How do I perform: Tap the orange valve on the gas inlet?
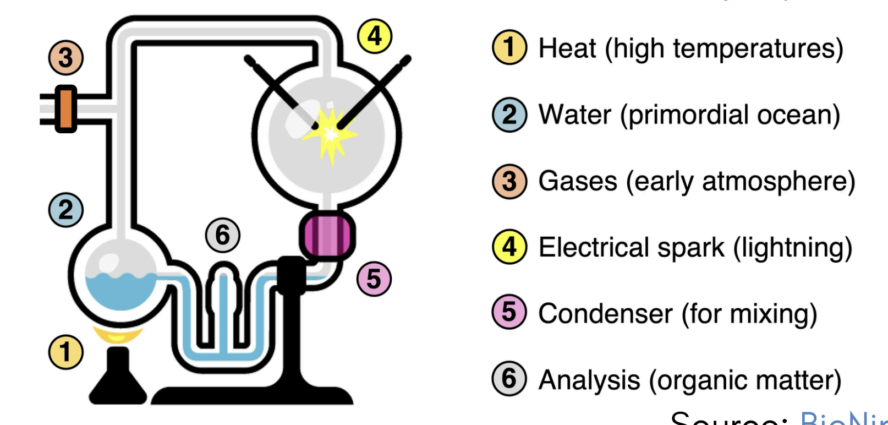pyautogui.click(x=65, y=109)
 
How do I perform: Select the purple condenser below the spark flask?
pyautogui.click(x=327, y=236)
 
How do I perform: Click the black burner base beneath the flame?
pyautogui.click(x=118, y=380)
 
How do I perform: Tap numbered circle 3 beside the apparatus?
pyautogui.click(x=65, y=58)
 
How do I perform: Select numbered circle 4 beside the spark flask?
pyautogui.click(x=375, y=36)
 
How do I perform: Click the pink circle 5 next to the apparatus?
pyautogui.click(x=374, y=279)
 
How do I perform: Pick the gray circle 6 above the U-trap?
pyautogui.click(x=222, y=236)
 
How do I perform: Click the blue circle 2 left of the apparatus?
pyautogui.click(x=65, y=210)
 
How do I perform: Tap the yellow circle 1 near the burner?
pyautogui.click(x=65, y=352)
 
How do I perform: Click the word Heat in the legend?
pyautogui.click(x=567, y=48)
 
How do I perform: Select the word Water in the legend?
pyautogui.click(x=574, y=115)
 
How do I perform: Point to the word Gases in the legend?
pyautogui.click(x=577, y=181)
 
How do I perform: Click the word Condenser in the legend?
pyautogui.click(x=605, y=314)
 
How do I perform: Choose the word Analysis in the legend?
pyautogui.click(x=589, y=380)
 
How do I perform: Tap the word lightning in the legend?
pyautogui.click(x=792, y=248)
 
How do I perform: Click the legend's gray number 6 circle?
pyautogui.click(x=509, y=379)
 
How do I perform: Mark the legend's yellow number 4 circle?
pyautogui.click(x=509, y=247)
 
